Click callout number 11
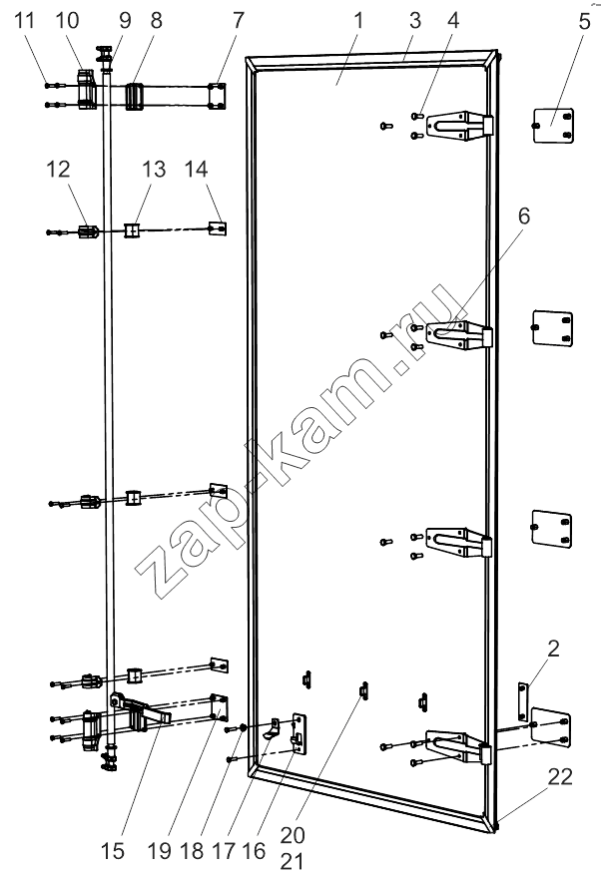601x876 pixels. tap(24, 21)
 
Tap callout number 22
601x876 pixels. tap(560, 776)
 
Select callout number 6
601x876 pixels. tap(524, 216)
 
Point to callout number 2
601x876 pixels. tap(553, 649)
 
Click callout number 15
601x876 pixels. tap(113, 851)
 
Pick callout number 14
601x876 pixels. tap(197, 169)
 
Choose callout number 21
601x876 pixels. tap(292, 861)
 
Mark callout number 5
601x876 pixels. tap(584, 21)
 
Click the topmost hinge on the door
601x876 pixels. tap(461, 124)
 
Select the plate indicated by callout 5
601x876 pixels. tap(552, 125)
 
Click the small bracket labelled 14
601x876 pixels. tap(218, 227)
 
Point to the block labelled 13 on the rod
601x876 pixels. tap(132, 230)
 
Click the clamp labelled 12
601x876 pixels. tap(88, 231)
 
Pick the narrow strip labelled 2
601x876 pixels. tap(523, 701)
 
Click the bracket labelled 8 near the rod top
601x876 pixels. tap(135, 97)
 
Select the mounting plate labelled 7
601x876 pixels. tap(218, 97)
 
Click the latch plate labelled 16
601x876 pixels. tap(300, 734)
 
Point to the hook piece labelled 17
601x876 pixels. tap(273, 729)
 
